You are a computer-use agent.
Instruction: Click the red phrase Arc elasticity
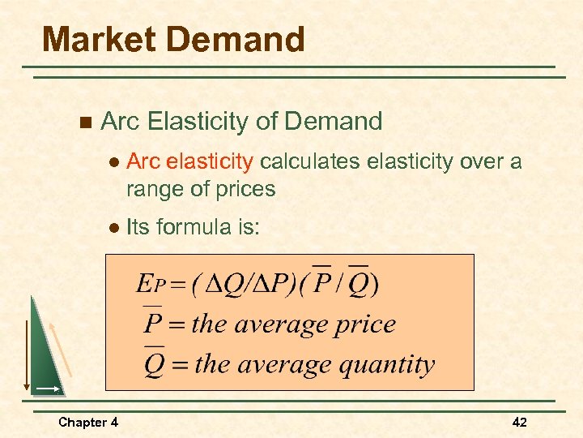coord(190,162)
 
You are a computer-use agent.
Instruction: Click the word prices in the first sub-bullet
coord(246,190)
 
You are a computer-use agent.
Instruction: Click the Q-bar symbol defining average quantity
coord(154,363)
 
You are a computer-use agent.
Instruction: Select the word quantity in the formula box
coord(386,364)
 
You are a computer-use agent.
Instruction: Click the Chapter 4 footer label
coord(88,422)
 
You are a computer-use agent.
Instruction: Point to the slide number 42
coord(519,422)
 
